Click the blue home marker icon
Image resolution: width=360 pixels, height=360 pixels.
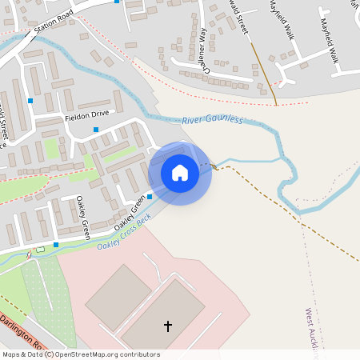point(180,173)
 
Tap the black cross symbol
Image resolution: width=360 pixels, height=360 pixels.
point(168,326)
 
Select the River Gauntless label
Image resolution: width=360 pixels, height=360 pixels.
point(211,120)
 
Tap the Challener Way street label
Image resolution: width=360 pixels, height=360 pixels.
point(204,50)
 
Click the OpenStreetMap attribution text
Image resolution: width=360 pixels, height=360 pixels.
point(80,354)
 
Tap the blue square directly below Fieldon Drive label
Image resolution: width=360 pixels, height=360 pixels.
point(96,130)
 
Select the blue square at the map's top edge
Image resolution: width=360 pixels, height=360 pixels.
point(118,2)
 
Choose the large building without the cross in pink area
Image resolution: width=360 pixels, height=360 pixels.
point(117,297)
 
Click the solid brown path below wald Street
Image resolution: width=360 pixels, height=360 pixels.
point(263,72)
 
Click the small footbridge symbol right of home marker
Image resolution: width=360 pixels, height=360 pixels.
point(214,166)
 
